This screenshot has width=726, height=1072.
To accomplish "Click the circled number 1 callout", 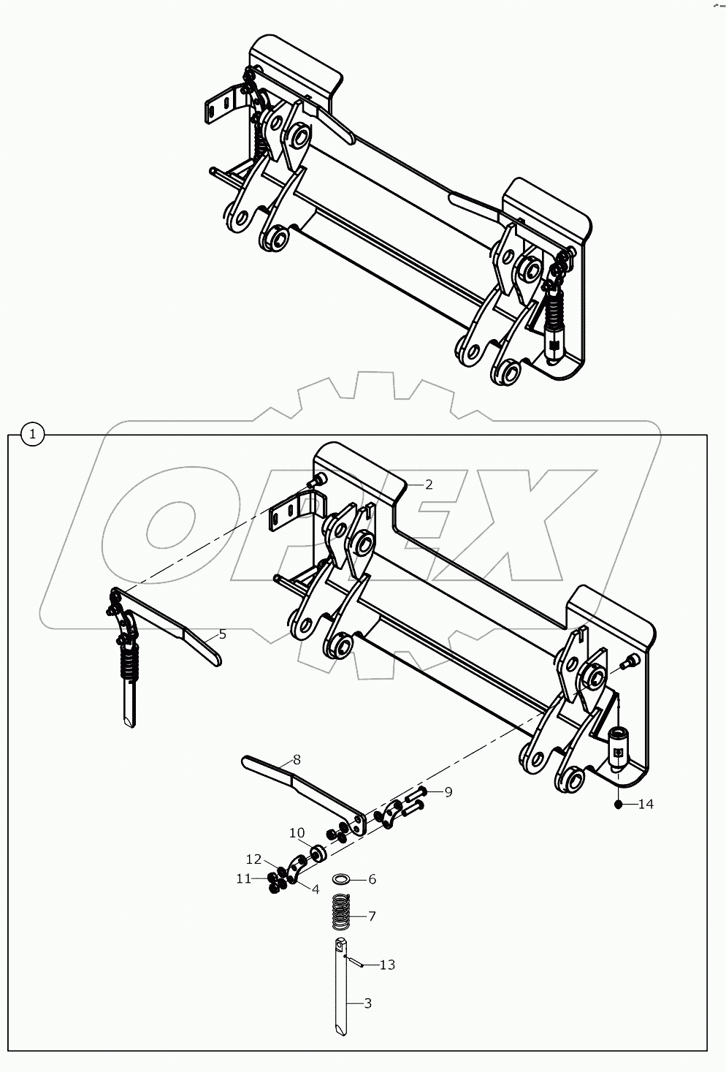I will (x=33, y=435).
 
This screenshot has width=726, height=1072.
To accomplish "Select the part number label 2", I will (x=429, y=484).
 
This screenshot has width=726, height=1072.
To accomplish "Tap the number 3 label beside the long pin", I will (x=367, y=1003).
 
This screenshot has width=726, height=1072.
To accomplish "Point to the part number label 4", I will (x=315, y=889).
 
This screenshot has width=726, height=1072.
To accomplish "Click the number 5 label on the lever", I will (x=222, y=634).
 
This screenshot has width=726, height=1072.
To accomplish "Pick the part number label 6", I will (x=372, y=879).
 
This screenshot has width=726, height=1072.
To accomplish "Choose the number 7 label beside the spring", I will (x=372, y=916).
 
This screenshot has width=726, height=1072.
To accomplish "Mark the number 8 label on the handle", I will (x=296, y=759).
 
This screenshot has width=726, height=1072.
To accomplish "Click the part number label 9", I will (x=448, y=791).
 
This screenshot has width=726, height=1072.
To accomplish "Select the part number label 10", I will (x=297, y=832).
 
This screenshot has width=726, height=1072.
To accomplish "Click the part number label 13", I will (x=387, y=965).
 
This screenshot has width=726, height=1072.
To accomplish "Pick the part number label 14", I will (x=645, y=804).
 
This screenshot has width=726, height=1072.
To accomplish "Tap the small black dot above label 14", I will (x=618, y=804).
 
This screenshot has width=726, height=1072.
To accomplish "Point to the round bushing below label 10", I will (x=317, y=853).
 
